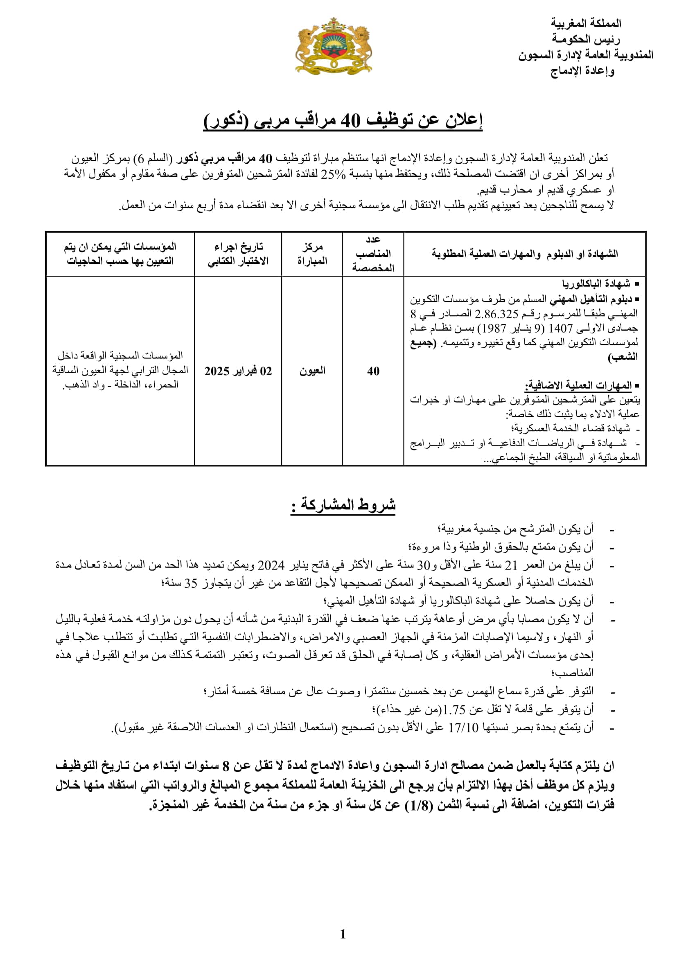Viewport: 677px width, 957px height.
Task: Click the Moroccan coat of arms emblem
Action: pos(333,46)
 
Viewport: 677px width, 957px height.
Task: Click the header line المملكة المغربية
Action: pos(585,23)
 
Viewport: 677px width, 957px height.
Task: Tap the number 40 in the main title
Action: pos(350,121)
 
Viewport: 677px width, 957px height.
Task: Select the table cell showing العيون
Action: pos(312,371)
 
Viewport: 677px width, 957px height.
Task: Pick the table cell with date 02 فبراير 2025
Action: pos(238,371)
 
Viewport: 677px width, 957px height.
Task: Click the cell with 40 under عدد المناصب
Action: pos(373,371)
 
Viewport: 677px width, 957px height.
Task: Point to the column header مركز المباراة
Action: pos(312,254)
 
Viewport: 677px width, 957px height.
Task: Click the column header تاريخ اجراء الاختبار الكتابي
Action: pos(238,254)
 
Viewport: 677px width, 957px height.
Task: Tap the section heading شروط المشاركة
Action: pos(343,505)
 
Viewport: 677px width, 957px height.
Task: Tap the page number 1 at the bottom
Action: pos(343,934)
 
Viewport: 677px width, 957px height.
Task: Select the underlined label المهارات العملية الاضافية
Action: pos(578,385)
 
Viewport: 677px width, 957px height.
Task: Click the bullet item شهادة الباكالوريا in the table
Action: pos(596,284)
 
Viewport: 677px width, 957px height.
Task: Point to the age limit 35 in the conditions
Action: pos(190,583)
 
